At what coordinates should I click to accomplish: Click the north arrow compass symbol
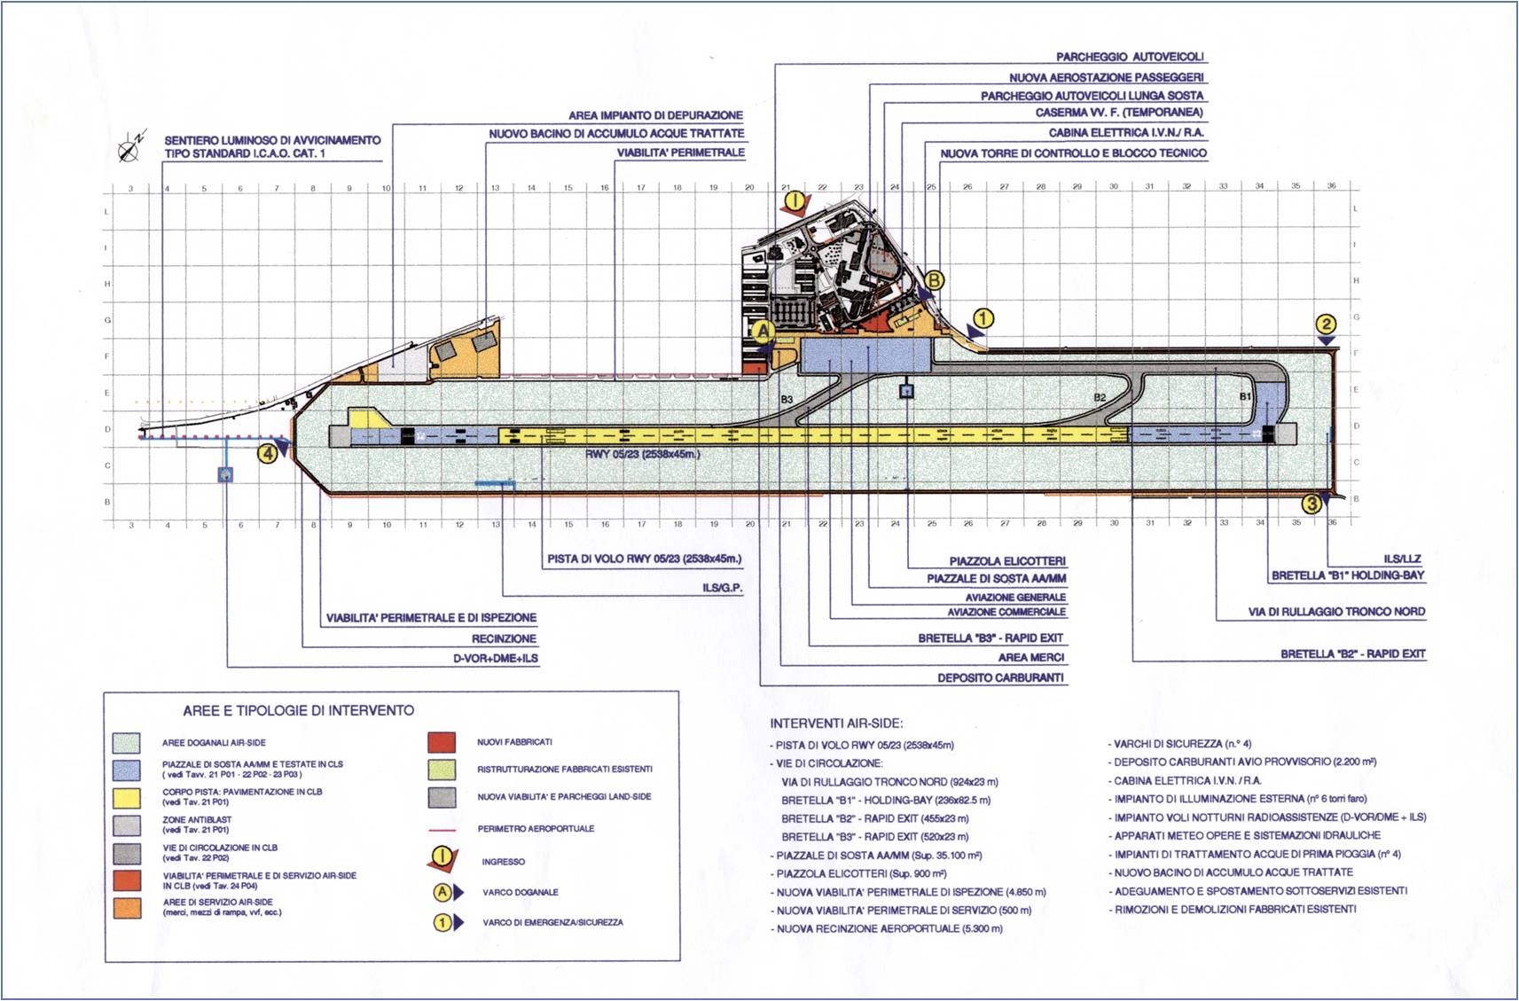131,146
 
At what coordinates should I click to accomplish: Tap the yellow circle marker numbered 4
267,453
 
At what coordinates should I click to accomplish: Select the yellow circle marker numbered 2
1325,325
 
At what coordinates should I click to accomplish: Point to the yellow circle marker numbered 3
1312,504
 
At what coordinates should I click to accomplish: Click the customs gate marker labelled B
934,281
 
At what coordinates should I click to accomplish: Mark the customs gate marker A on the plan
763,332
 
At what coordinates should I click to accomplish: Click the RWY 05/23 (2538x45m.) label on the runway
642,454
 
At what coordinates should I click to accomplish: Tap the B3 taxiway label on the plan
787,400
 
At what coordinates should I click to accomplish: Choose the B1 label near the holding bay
1245,396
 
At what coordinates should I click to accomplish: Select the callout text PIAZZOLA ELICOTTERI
1007,561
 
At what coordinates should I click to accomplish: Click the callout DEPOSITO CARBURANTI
1001,678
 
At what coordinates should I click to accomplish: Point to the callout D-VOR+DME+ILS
496,659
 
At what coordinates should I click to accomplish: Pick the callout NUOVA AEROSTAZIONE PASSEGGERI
1106,78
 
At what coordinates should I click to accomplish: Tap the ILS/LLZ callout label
1402,559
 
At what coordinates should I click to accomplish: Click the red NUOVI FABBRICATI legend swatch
442,742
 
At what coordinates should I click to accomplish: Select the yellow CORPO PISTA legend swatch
127,797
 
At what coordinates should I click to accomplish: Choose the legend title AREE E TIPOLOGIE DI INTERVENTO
298,710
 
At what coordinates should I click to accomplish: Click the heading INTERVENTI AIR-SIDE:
836,723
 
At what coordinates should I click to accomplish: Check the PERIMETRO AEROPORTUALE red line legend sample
442,829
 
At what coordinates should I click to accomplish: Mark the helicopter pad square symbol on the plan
906,389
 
